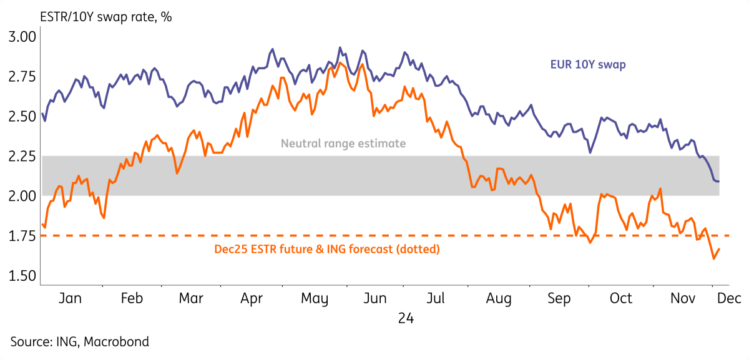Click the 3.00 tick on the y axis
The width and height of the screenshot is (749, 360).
pyautogui.click(x=22, y=37)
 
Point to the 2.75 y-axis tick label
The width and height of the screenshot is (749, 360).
pyautogui.click(x=22, y=77)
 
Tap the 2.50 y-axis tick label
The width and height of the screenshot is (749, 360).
pyautogui.click(x=22, y=117)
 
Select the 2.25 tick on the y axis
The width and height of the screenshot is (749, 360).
pyautogui.click(x=22, y=157)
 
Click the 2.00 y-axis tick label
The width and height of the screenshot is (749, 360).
pyautogui.click(x=22, y=197)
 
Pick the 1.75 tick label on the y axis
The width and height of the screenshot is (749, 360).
pyautogui.click(x=22, y=236)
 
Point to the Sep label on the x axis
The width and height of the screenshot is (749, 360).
pyautogui.click(x=559, y=299)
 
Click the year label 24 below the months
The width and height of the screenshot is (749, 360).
pyautogui.click(x=406, y=319)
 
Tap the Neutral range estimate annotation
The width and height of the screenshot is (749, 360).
pyautogui.click(x=343, y=144)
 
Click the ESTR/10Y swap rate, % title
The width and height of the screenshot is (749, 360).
pyautogui.click(x=88, y=17)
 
